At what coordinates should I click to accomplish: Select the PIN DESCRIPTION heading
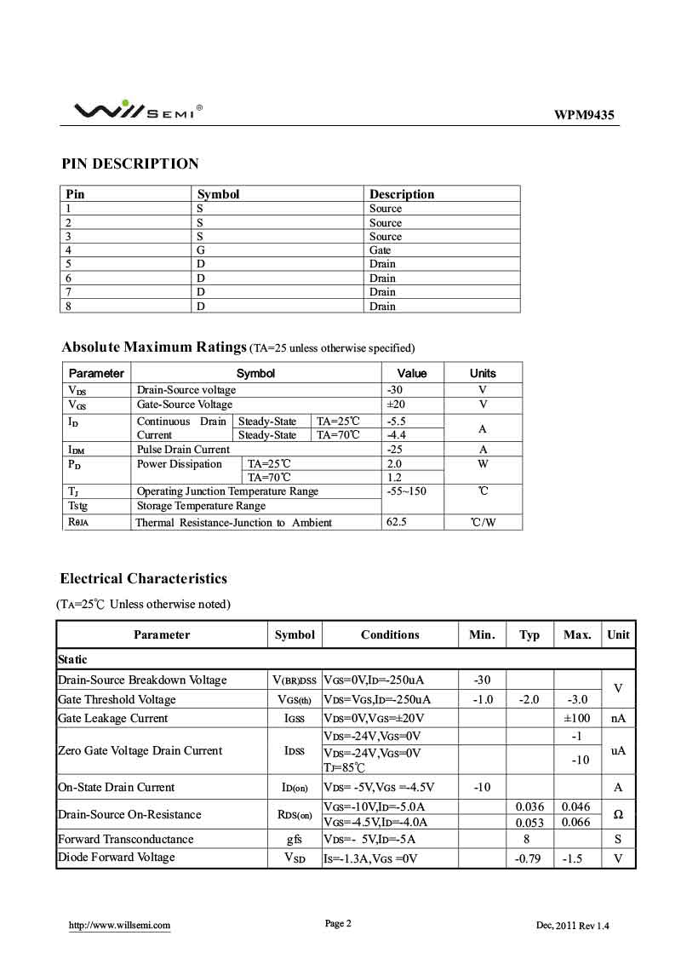click(130, 164)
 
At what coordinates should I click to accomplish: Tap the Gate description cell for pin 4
click(381, 250)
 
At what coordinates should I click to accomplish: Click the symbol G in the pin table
click(202, 250)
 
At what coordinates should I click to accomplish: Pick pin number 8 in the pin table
click(69, 306)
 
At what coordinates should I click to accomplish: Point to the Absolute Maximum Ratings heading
click(153, 347)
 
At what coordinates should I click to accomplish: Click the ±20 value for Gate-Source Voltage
click(396, 405)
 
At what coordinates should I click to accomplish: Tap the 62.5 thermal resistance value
click(397, 522)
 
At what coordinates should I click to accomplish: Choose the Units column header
click(483, 373)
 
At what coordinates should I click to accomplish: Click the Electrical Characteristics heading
click(143, 578)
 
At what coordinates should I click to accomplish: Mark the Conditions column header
click(390, 634)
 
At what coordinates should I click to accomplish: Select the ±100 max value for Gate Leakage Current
click(576, 718)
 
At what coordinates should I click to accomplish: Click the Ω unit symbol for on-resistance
click(618, 814)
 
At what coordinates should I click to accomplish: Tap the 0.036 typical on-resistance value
click(529, 806)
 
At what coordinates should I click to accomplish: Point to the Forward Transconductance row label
click(125, 839)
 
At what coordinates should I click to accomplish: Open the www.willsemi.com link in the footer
click(119, 925)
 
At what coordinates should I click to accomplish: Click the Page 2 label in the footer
click(338, 923)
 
